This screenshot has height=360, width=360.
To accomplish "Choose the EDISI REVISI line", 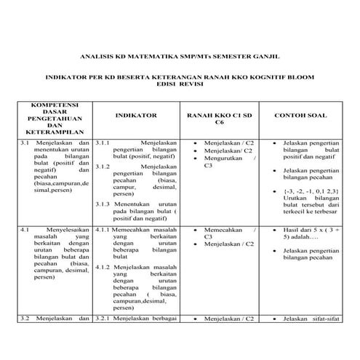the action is tap(180, 83).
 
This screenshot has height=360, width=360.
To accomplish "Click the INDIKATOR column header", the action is tap(136, 115).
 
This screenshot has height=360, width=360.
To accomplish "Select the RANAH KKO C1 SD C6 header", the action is tap(220, 119).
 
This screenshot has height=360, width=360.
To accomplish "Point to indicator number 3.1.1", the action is tap(103, 143).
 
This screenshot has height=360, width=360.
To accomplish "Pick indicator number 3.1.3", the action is tap(103, 204).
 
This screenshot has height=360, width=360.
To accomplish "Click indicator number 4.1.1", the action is tap(103, 229).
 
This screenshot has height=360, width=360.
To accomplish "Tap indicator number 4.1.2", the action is tap(103, 267).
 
